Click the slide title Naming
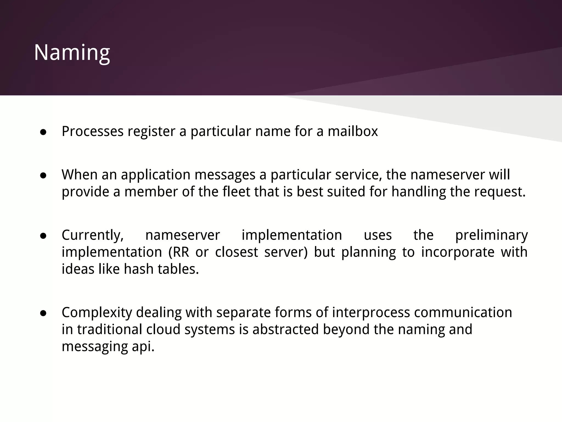(72, 52)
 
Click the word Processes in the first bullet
(92, 131)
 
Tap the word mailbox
(353, 131)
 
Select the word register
(151, 131)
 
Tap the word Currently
(92, 235)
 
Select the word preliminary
(491, 235)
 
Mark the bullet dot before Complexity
(43, 313)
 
